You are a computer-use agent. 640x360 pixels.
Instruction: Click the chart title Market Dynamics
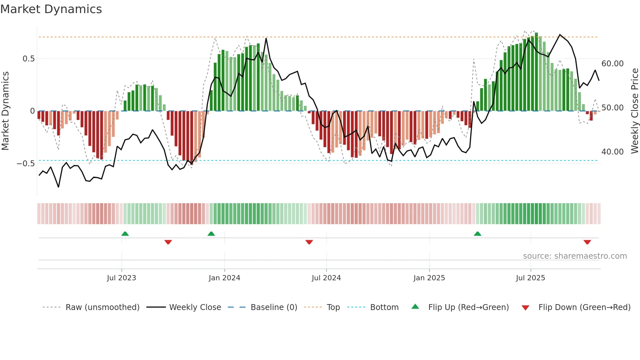point(51,9)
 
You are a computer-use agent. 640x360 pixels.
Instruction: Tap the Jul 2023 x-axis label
point(121,278)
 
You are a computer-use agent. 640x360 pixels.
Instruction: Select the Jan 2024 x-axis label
point(224,278)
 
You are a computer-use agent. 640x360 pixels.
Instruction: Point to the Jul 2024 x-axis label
point(326,278)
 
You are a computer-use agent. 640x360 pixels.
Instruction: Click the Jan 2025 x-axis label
point(429,278)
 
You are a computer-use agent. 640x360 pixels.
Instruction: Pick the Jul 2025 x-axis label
point(531,278)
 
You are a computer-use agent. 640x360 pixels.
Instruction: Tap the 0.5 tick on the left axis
point(28,59)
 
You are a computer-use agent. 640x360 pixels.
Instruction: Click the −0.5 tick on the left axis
point(26,164)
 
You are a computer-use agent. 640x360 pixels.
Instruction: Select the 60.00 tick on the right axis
point(613,64)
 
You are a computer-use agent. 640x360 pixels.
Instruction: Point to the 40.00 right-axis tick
point(613,152)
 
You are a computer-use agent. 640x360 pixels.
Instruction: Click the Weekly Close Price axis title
point(634,111)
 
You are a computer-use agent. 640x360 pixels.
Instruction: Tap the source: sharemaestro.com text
point(575,256)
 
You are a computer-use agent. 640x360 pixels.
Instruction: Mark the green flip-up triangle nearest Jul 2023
point(125,234)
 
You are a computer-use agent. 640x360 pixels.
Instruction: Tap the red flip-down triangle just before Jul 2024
point(309,242)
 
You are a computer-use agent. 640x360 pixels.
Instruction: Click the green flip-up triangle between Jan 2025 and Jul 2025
point(478,234)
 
